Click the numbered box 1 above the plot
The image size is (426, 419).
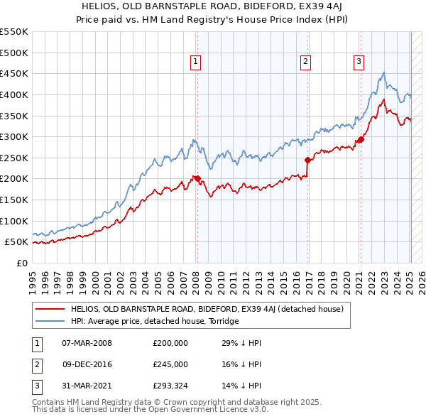coord(195,62)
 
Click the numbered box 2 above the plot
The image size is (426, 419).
coord(305,62)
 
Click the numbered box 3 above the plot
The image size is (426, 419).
coord(359,62)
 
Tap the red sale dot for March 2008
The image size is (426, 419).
coord(197,178)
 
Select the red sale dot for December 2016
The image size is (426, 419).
coord(307,160)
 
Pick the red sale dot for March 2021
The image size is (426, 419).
coord(361,139)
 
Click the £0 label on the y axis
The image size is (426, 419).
coord(21,263)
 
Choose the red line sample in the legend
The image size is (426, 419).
coord(50,309)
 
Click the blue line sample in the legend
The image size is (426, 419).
coord(50,321)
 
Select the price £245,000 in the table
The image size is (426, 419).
coord(170,364)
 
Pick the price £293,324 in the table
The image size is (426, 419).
coord(170,386)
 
